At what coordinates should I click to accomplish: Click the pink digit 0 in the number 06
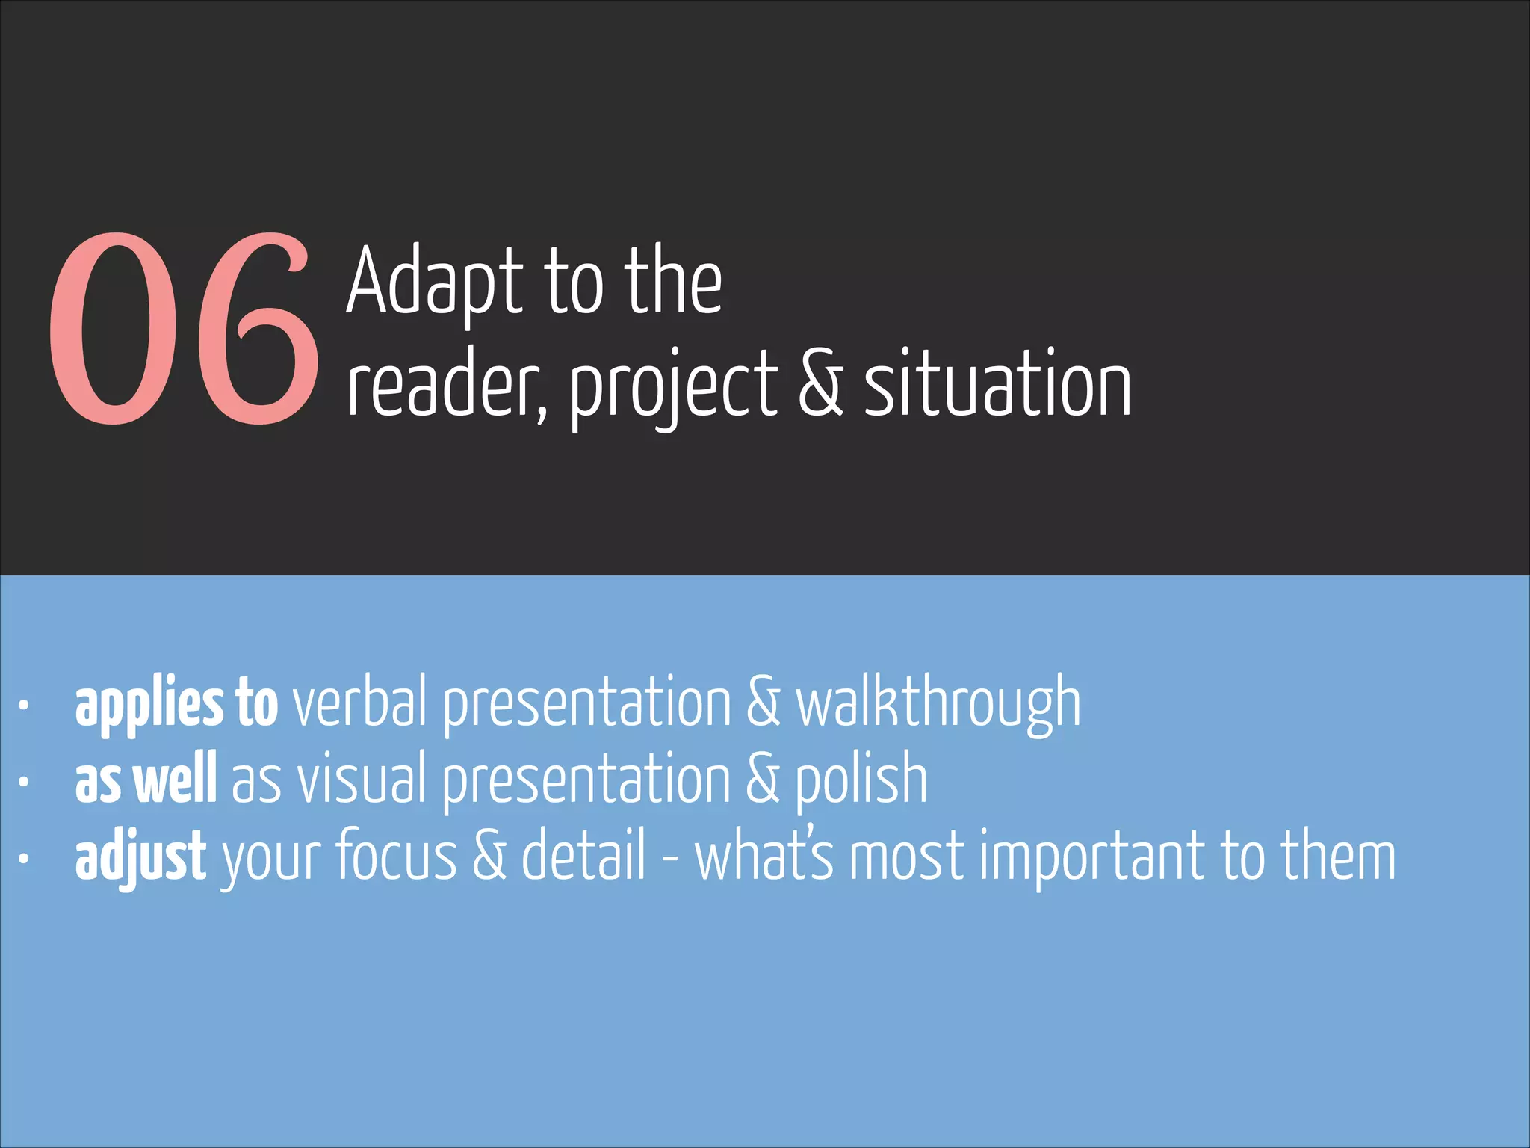tap(116, 329)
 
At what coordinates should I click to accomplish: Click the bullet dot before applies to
tap(24, 704)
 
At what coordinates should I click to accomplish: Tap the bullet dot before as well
tap(24, 781)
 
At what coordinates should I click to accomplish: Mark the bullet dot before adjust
tap(24, 859)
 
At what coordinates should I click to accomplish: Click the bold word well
tap(176, 780)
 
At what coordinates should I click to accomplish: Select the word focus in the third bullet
tap(396, 857)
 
